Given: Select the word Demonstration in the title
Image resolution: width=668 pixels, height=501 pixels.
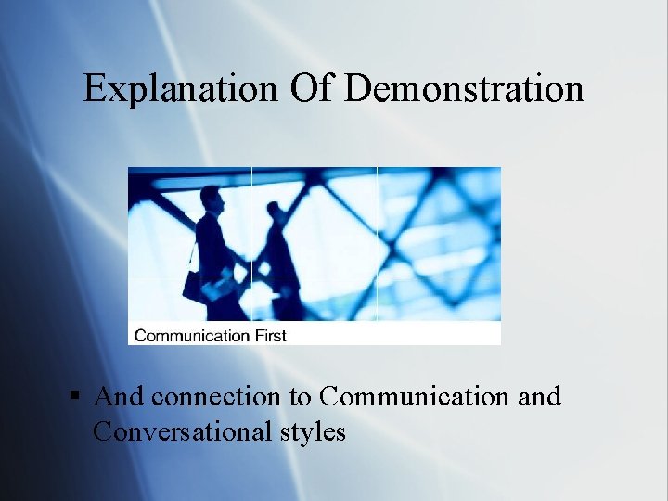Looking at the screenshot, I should [465, 89].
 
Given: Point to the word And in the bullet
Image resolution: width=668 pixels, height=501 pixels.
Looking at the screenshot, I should [119, 397].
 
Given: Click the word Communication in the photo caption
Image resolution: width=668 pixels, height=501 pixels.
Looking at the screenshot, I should [192, 335].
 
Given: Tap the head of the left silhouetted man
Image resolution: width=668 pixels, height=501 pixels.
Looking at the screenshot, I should [212, 198].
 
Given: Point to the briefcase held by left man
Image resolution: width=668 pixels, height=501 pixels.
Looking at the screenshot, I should [193, 286].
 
